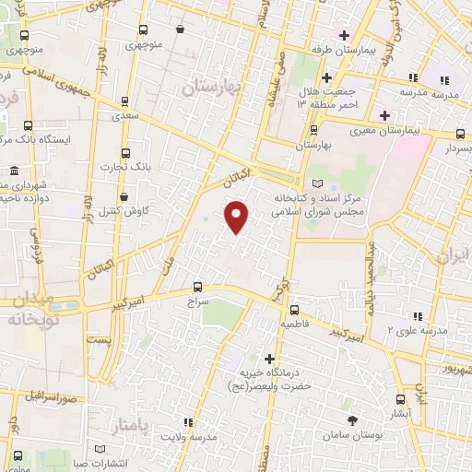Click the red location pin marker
237,217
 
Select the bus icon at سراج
198,287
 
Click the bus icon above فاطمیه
294,311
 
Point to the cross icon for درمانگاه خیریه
269,358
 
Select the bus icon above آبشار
399,400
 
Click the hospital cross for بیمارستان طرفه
345,36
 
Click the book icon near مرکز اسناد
319,184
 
